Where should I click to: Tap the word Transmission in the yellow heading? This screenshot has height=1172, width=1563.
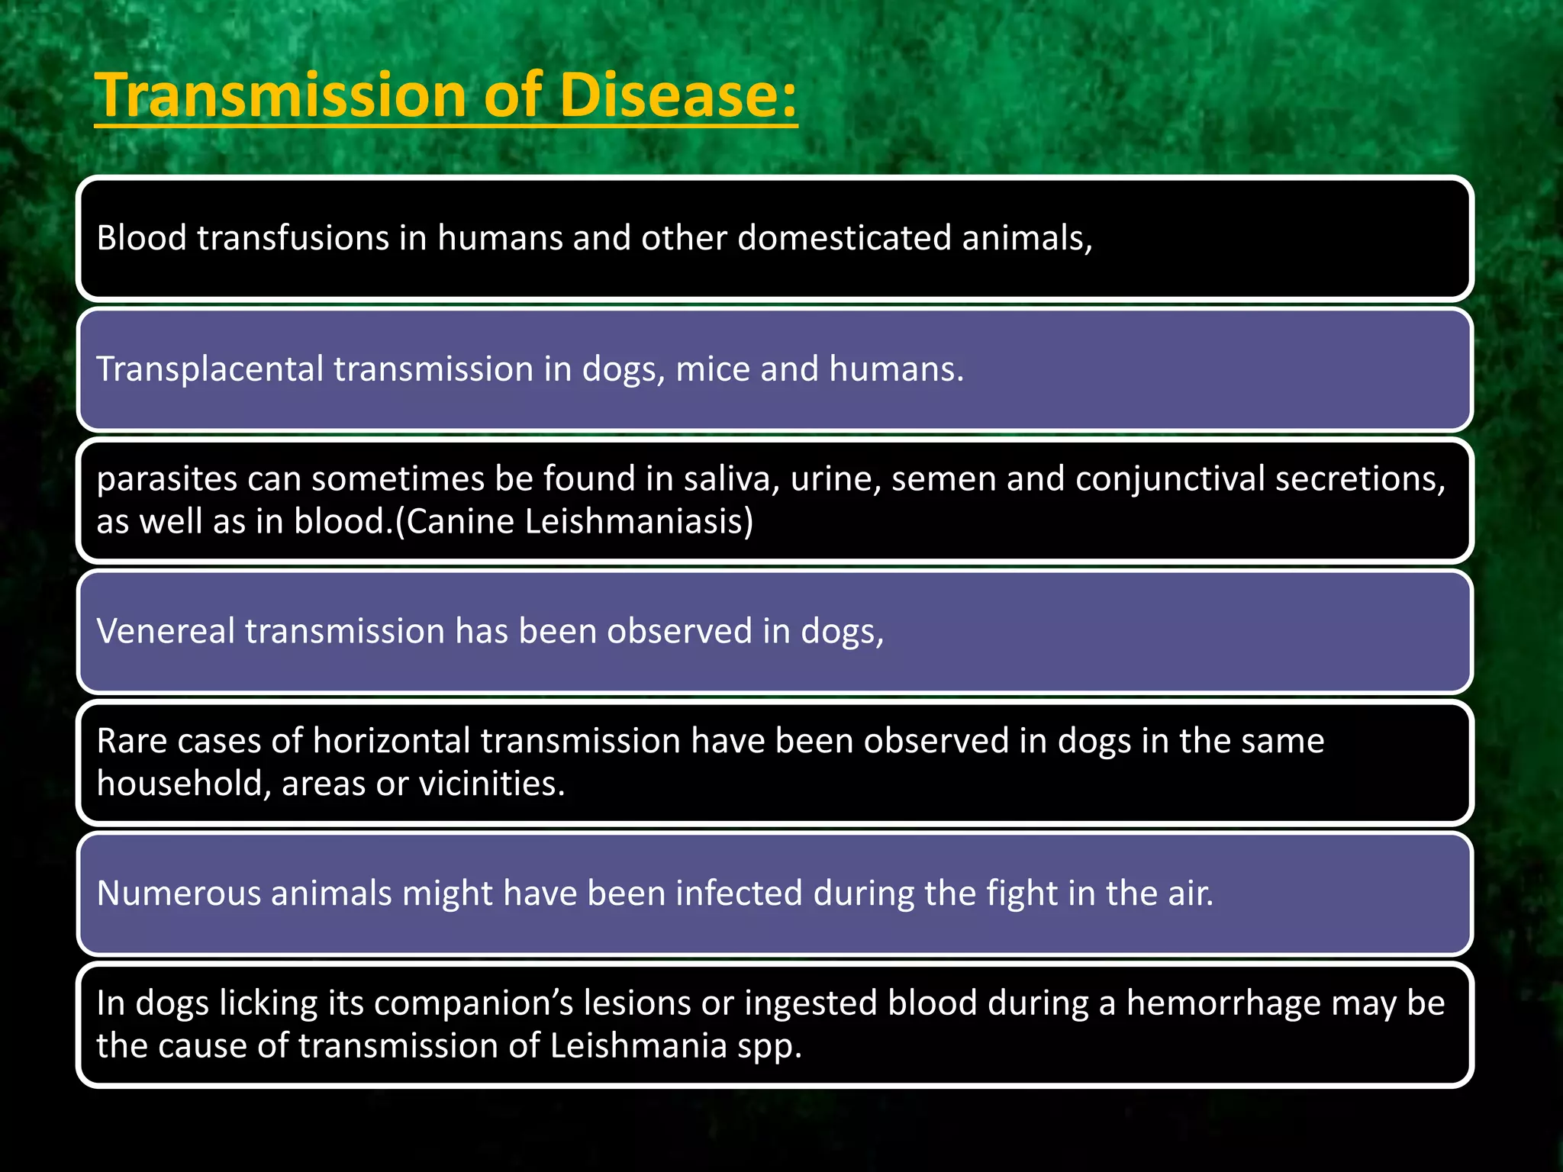[279, 95]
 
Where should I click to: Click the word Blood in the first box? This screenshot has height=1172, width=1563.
[141, 238]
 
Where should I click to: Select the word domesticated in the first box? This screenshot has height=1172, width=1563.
[844, 238]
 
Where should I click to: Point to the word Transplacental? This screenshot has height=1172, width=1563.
[210, 369]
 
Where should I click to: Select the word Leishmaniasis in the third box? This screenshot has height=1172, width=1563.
[639, 522]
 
